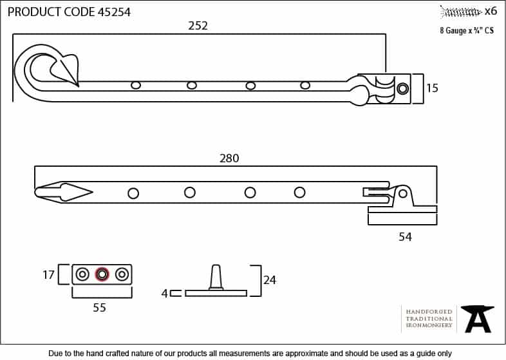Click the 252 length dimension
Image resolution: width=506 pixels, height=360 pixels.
(x=198, y=26)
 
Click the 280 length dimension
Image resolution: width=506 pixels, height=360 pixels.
(x=229, y=158)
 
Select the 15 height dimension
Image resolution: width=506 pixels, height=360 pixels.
(x=432, y=88)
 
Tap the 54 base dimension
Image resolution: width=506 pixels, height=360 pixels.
(x=405, y=237)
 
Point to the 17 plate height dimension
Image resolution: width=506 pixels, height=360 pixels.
(x=48, y=275)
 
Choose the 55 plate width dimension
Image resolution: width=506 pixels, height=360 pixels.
(x=99, y=307)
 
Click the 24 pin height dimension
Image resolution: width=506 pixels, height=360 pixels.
(x=270, y=280)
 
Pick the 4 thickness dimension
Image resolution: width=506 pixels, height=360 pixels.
(x=165, y=294)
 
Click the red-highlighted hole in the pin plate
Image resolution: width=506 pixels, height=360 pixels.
(x=102, y=274)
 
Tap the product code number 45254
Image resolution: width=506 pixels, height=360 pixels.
(x=114, y=12)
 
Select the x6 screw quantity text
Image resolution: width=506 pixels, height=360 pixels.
(x=491, y=12)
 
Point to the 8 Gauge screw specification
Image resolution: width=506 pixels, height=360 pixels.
(x=467, y=30)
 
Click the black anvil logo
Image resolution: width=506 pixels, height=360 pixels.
(x=477, y=319)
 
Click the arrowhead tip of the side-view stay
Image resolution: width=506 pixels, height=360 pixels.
(x=93, y=193)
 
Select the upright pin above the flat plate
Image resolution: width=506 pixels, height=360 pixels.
(x=216, y=277)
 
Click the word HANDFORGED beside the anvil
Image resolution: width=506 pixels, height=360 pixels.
(x=429, y=312)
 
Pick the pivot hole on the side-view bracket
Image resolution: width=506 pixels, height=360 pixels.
(x=403, y=194)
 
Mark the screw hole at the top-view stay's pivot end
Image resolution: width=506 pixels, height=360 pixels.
(x=402, y=88)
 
